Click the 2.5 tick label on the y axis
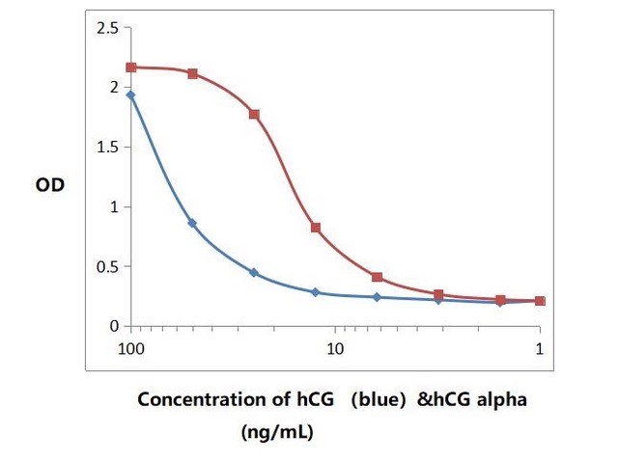[106, 28]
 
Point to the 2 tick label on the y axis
[113, 88]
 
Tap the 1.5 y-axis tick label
[106, 148]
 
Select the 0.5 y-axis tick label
[106, 267]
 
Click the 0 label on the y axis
[113, 327]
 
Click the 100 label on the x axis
[131, 347]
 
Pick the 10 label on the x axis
[335, 347]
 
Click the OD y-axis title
[50, 184]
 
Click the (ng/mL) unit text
[277, 433]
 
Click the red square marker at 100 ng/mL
[131, 68]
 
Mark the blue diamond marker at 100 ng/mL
[131, 95]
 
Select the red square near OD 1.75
[254, 114]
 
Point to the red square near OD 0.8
[316, 228]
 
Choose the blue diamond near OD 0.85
[192, 223]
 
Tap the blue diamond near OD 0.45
[254, 273]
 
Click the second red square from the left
[192, 73]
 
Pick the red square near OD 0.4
[377, 277]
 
